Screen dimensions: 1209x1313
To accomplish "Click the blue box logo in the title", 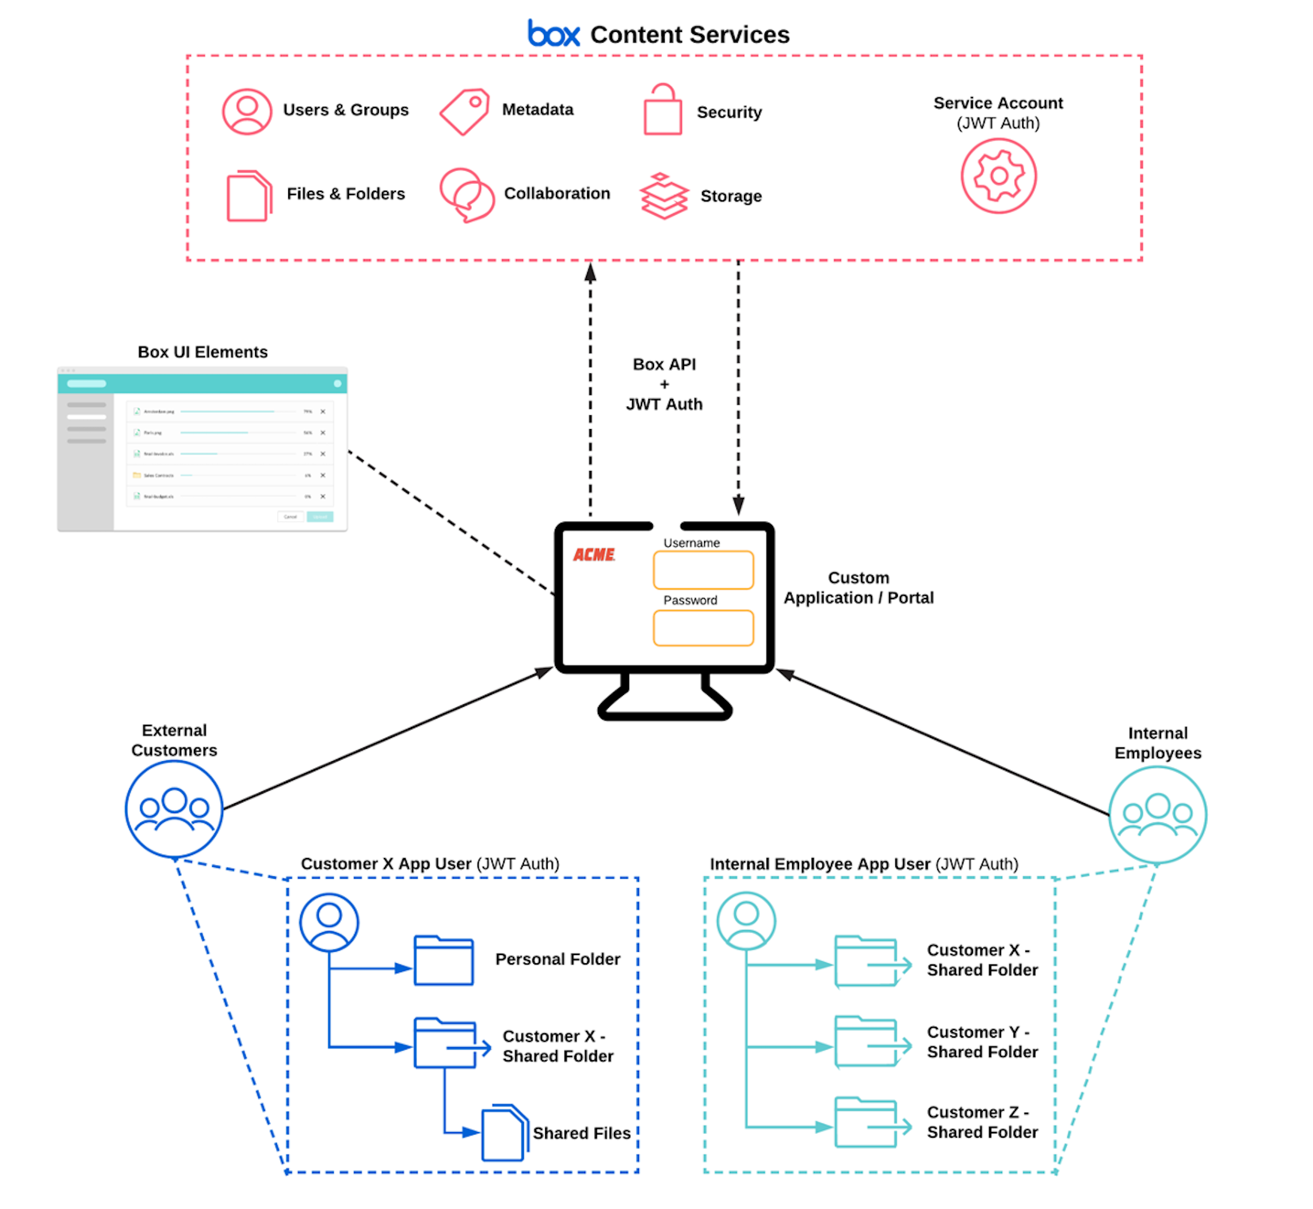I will tap(553, 34).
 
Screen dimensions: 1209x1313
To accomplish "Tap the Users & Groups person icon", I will tap(246, 112).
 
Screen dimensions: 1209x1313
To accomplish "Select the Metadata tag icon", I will tap(465, 111).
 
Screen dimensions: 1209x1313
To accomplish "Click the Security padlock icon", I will tap(662, 111).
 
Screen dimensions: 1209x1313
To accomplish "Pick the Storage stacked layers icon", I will tap(664, 196).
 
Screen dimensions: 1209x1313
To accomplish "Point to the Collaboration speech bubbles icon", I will tap(466, 195).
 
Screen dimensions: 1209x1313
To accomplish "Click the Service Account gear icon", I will tap(998, 176).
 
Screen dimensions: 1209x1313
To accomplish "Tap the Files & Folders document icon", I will tap(248, 196).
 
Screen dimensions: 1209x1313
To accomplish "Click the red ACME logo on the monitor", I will tap(594, 555).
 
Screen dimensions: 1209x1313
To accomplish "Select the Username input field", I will tap(703, 570).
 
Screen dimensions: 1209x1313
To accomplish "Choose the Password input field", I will tap(703, 628).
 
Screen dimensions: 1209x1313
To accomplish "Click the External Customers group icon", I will tap(174, 809).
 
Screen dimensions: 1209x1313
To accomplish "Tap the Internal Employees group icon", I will tap(1157, 815).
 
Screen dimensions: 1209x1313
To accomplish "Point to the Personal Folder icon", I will tap(443, 961).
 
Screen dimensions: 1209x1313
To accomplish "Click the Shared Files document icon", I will tap(504, 1133).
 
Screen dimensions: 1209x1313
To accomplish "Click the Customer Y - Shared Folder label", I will tap(982, 1041).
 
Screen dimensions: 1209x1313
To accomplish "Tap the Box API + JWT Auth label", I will tap(664, 384).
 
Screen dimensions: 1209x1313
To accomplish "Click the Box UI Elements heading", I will tap(203, 352).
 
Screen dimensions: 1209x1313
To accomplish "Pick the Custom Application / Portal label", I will tap(858, 587).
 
